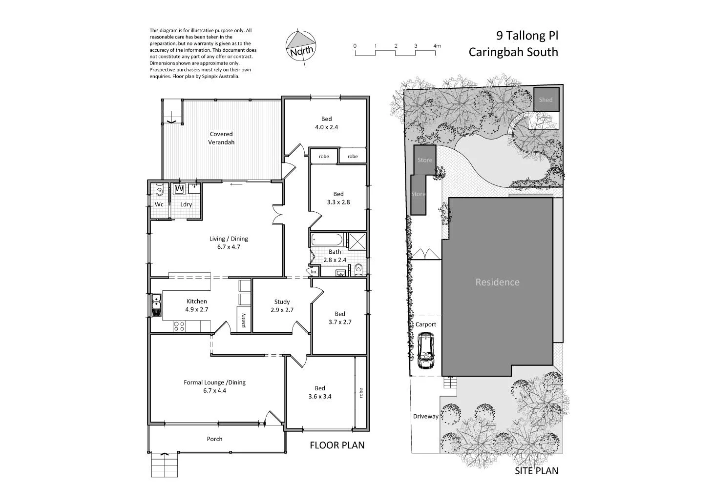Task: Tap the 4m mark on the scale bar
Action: pyautogui.click(x=437, y=46)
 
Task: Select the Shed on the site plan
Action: pyautogui.click(x=546, y=100)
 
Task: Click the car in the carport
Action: pyautogui.click(x=426, y=351)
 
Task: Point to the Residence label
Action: pyautogui.click(x=497, y=282)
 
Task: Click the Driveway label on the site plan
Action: pyautogui.click(x=425, y=416)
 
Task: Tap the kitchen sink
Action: pyautogui.click(x=156, y=305)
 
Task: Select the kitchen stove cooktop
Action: pyautogui.click(x=179, y=326)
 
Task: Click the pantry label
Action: pyautogui.click(x=243, y=321)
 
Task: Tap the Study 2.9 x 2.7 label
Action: pyautogui.click(x=282, y=305)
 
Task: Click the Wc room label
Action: pyautogui.click(x=159, y=204)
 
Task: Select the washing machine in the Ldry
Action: pyautogui.click(x=179, y=188)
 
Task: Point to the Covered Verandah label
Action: pyautogui.click(x=221, y=138)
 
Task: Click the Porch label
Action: pyautogui.click(x=214, y=439)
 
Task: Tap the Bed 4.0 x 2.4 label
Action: pyautogui.click(x=326, y=123)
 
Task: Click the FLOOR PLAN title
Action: pyautogui.click(x=337, y=445)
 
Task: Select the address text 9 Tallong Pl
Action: pyautogui.click(x=526, y=36)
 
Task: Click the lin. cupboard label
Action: pyautogui.click(x=314, y=271)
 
